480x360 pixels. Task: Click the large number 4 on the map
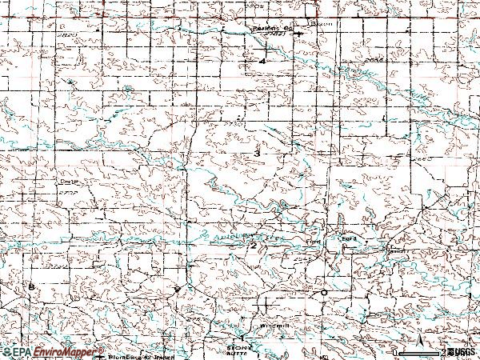pyautogui.click(x=262, y=61)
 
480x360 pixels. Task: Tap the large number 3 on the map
pyautogui.click(x=256, y=152)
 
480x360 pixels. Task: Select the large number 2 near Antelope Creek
pyautogui.click(x=253, y=246)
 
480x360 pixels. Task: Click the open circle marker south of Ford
pyautogui.click(x=323, y=293)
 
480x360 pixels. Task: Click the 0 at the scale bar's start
pyautogui.click(x=395, y=352)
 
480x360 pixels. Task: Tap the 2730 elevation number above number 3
pyautogui.click(x=233, y=126)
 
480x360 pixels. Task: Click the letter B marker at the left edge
pyautogui.click(x=31, y=286)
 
